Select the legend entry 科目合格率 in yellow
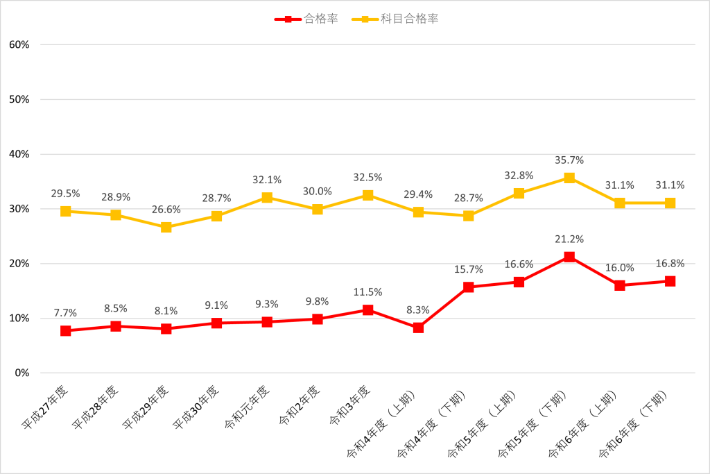click(x=409, y=19)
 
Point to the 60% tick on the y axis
click(x=19, y=44)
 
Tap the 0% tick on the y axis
click(x=21, y=373)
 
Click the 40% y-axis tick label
click(x=19, y=154)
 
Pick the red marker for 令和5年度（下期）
click(x=569, y=257)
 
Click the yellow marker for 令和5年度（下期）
click(x=569, y=178)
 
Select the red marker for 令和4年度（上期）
click(x=418, y=328)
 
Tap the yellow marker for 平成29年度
click(x=166, y=227)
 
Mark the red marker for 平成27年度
click(x=66, y=331)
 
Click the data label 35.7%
click(x=569, y=160)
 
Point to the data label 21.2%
click(x=569, y=239)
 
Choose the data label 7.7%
click(x=66, y=312)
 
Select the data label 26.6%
click(x=166, y=210)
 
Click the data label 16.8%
click(x=670, y=263)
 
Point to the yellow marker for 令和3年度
click(x=368, y=195)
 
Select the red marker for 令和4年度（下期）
click(x=469, y=287)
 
